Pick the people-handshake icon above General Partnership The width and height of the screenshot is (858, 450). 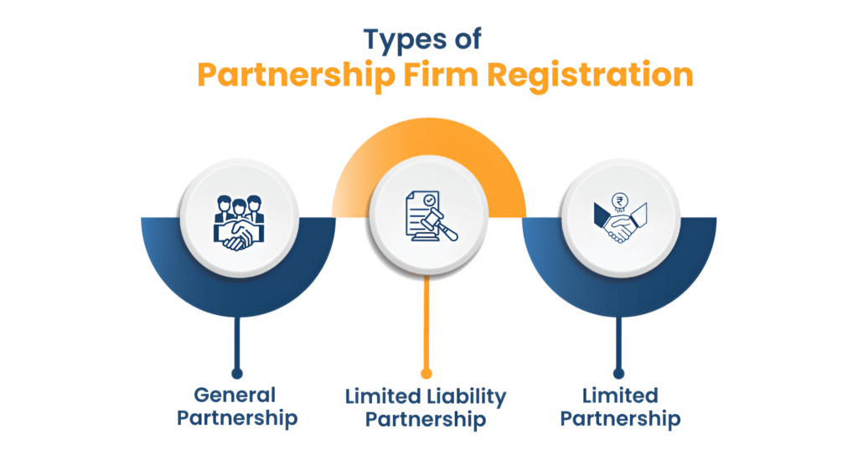pyautogui.click(x=238, y=223)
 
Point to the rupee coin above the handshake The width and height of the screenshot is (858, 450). pyautogui.click(x=621, y=201)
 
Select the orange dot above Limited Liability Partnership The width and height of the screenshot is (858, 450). pyautogui.click(x=427, y=370)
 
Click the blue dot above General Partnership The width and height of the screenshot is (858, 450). pyautogui.click(x=238, y=370)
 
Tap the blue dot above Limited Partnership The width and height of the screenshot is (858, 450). pyautogui.click(x=619, y=370)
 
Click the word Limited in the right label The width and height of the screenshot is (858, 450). pyautogui.click(x=621, y=395)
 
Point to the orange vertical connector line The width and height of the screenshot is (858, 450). pyautogui.click(x=427, y=323)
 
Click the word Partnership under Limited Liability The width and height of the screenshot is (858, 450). pyautogui.click(x=428, y=418)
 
